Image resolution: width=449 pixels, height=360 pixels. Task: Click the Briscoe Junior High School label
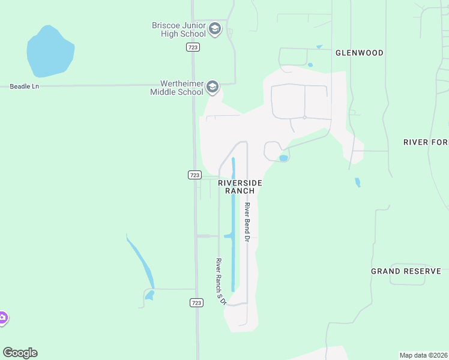pos(178,29)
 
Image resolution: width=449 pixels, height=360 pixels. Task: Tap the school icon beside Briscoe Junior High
pos(215,28)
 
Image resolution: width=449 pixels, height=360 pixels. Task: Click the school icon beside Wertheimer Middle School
pos(212,88)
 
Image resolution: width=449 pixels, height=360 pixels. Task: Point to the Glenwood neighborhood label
pos(360,53)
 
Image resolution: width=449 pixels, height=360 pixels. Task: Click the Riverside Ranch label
pos(240,187)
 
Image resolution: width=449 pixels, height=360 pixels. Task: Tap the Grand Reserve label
pos(406,271)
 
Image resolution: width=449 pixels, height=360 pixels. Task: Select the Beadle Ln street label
pos(25,86)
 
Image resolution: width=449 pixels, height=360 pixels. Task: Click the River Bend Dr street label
pos(246,222)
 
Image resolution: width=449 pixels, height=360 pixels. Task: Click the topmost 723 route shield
pos(193,47)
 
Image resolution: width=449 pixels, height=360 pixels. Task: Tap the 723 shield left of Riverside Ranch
pos(194,175)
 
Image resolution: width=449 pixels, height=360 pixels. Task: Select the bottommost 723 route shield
pos(196,303)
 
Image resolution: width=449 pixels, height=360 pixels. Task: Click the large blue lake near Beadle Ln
pos(50,52)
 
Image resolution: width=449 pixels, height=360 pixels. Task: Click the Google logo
pos(20,353)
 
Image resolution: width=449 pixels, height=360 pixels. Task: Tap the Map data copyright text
pos(423,355)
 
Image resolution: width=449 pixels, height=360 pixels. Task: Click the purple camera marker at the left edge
pos(2,318)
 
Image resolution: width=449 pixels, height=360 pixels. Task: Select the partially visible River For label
pos(426,142)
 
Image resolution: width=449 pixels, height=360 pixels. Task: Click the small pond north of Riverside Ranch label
pos(283,158)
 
